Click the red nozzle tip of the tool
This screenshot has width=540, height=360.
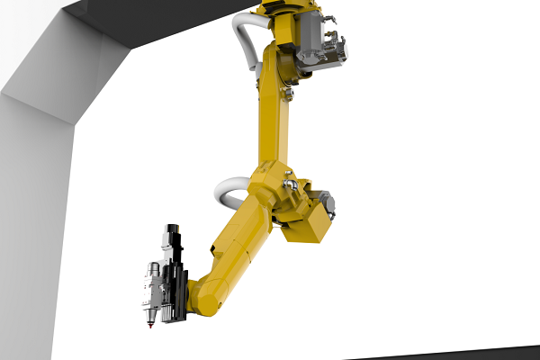[x=149, y=324]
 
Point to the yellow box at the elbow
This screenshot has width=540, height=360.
[x=306, y=220]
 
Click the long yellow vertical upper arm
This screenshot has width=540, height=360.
[x=275, y=117]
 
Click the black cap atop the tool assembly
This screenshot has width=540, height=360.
[x=172, y=231]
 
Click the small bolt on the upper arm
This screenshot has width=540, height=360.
[x=289, y=93]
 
